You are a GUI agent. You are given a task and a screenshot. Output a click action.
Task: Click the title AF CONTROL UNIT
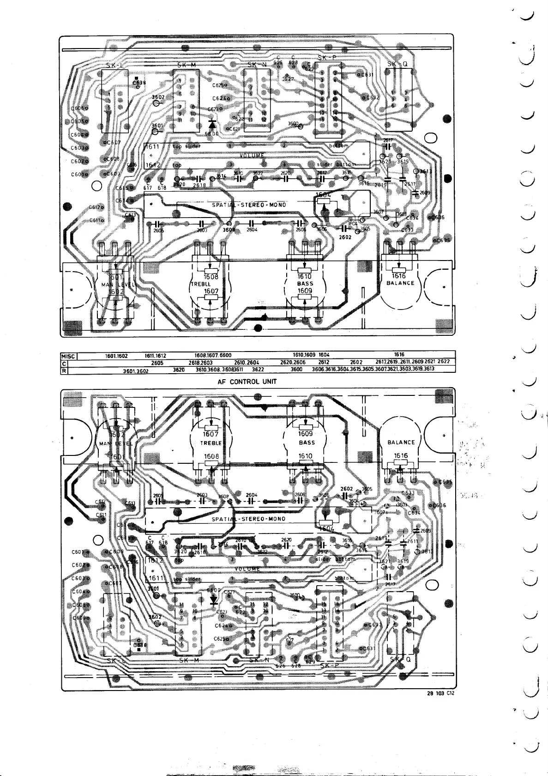(x=247, y=382)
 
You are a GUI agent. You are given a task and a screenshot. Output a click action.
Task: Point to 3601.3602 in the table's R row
(x=135, y=370)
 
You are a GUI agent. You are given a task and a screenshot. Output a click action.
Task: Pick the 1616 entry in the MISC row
(x=399, y=355)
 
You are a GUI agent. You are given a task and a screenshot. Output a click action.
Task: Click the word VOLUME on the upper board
(x=252, y=155)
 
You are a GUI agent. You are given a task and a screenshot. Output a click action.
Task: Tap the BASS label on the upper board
(x=305, y=284)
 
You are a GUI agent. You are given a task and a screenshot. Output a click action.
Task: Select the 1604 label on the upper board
(x=324, y=194)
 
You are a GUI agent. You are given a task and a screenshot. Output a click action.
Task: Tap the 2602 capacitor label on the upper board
(x=345, y=237)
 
